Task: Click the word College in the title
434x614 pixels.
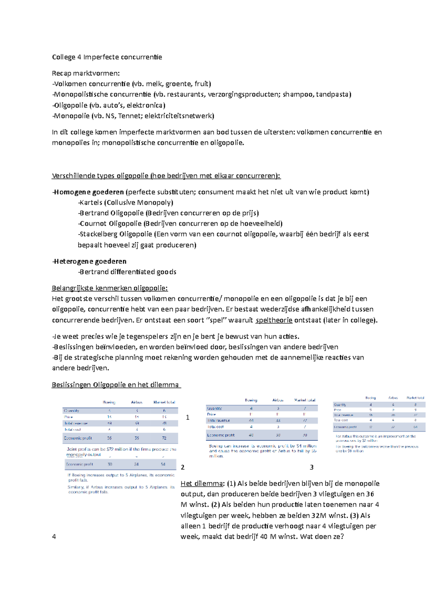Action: [64, 57]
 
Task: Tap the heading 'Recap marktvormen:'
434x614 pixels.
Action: [86, 73]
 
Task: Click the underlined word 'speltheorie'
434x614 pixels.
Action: [274, 320]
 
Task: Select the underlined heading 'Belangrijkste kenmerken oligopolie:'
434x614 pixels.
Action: [110, 288]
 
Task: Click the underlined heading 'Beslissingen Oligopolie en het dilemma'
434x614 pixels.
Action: [116, 385]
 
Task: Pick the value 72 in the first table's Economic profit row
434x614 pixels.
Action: [164, 438]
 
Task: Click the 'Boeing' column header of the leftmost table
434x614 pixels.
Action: [109, 402]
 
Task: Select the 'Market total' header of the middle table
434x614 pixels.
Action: [305, 400]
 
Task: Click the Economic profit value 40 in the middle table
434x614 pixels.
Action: [251, 435]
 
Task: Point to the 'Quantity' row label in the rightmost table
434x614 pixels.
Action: [340, 405]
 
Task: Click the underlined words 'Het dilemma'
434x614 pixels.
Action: [203, 484]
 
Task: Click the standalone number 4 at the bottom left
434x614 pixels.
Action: [54, 537]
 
